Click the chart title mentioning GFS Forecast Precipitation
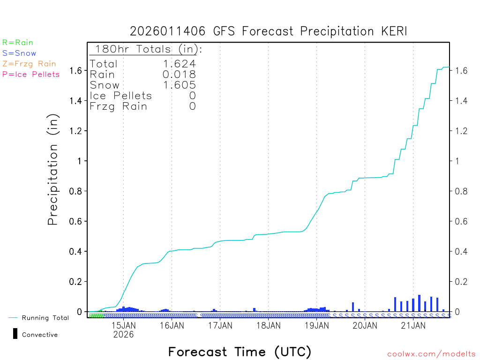click(x=269, y=31)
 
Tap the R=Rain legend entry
click(x=18, y=43)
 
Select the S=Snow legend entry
click(x=19, y=53)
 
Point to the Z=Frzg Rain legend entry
click(x=29, y=64)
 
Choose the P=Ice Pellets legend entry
click(x=31, y=74)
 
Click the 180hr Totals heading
click(x=147, y=49)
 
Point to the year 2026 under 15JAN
click(x=123, y=335)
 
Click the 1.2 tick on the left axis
click(x=76, y=131)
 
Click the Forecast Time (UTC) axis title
click(x=240, y=352)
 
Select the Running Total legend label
click(x=45, y=318)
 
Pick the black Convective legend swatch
click(x=15, y=334)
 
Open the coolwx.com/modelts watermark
click(x=431, y=354)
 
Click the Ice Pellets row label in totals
click(x=121, y=96)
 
